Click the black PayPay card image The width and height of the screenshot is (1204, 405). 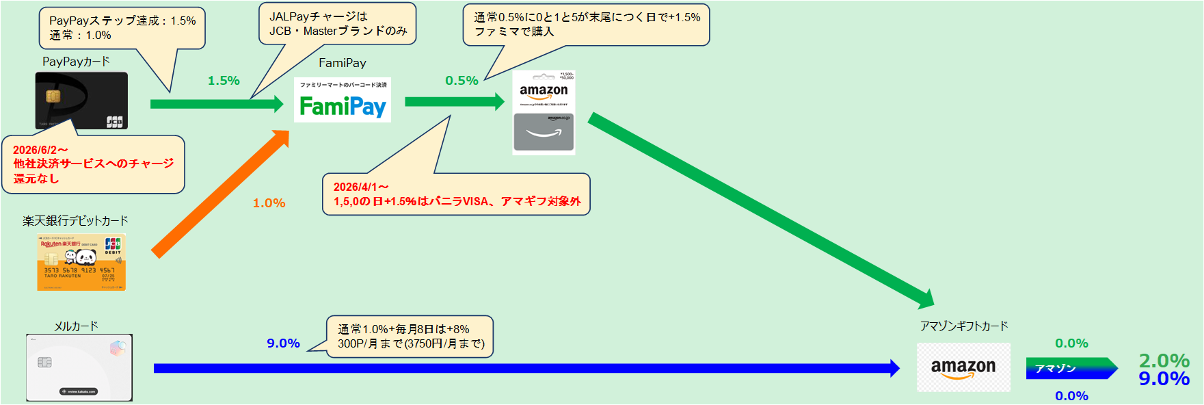81,101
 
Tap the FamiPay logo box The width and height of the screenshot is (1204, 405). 343,100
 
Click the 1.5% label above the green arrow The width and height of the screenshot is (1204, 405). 224,81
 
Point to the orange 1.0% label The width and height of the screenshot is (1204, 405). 269,203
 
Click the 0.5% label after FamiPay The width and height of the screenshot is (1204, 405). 461,81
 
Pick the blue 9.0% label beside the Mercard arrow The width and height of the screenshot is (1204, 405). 283,343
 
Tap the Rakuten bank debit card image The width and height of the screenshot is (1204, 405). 81,262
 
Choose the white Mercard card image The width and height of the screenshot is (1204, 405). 79,367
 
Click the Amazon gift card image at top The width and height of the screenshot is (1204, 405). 544,113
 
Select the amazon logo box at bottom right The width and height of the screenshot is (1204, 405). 963,367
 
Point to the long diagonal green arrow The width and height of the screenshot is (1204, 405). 759,209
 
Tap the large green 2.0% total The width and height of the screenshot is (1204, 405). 1164,360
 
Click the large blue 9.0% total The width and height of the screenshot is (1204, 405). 1164,379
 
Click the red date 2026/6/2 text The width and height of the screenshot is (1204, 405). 40,150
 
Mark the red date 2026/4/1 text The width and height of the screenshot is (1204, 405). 361,187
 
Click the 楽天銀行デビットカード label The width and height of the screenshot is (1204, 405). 75,220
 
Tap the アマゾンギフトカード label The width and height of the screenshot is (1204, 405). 963,326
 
